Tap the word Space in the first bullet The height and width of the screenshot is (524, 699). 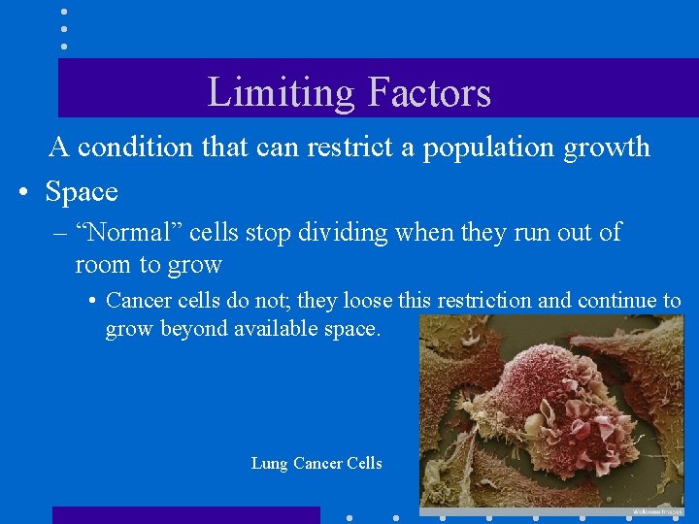click(82, 192)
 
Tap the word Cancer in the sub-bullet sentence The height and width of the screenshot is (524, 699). click(138, 301)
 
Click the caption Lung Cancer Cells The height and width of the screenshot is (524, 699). click(316, 464)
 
